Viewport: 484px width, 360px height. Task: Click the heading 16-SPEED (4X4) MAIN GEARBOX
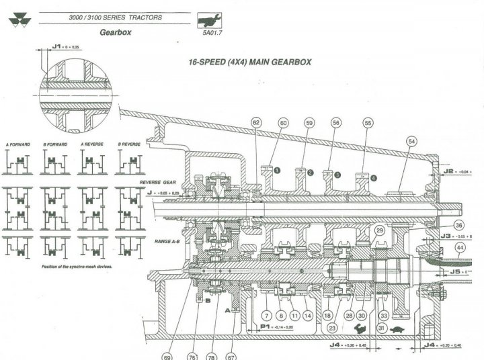click(x=251, y=61)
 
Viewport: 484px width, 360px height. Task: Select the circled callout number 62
click(x=256, y=123)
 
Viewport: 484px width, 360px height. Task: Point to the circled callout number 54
click(x=412, y=141)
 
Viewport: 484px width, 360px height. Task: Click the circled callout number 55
click(x=368, y=123)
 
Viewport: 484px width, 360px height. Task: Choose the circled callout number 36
click(x=459, y=226)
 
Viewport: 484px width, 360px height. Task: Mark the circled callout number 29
click(x=379, y=231)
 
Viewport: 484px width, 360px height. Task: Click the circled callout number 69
click(x=167, y=357)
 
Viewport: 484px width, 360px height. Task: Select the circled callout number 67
click(x=231, y=357)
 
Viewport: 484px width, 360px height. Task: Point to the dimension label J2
click(x=449, y=171)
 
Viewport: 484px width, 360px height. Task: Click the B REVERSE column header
click(x=130, y=144)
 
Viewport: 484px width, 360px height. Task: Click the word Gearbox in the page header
click(x=114, y=32)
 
